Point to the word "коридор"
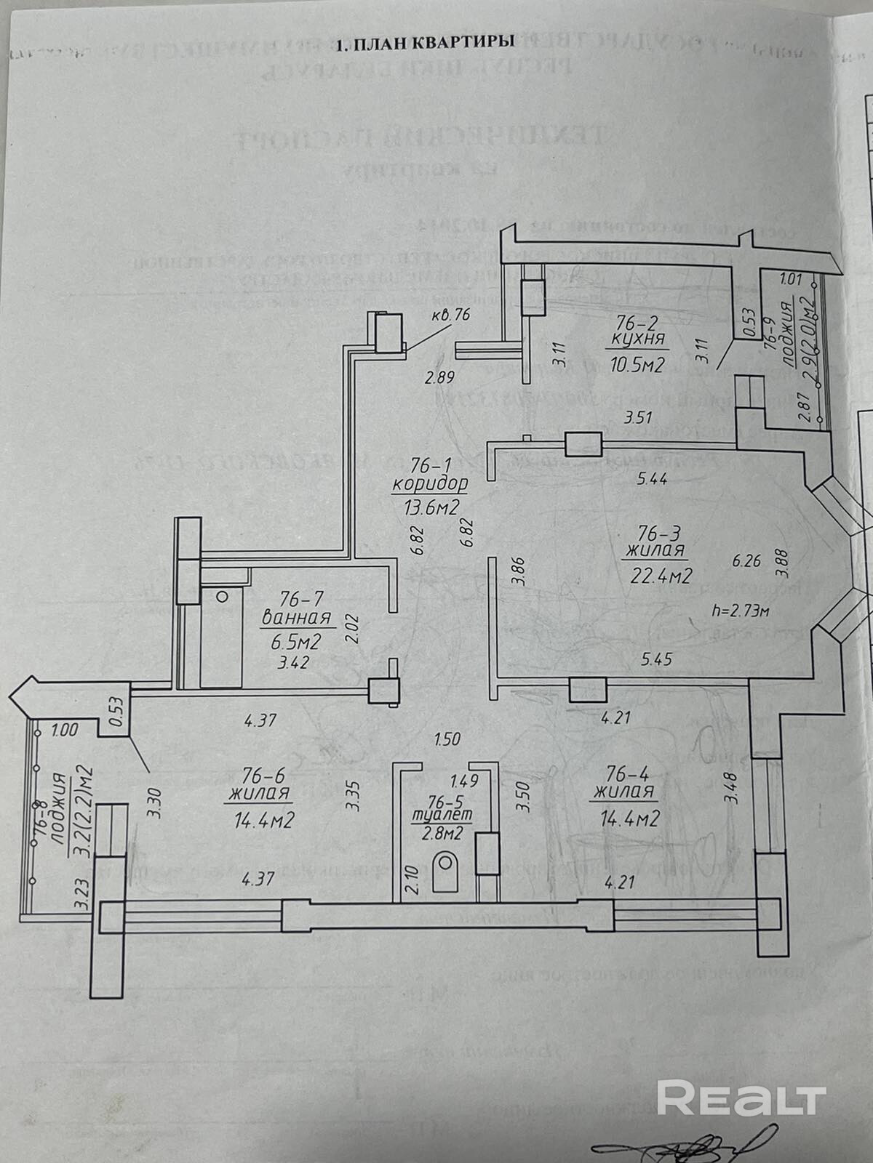point(428,484)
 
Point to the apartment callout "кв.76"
point(452,315)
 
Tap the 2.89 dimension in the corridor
point(439,377)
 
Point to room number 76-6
point(259,773)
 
